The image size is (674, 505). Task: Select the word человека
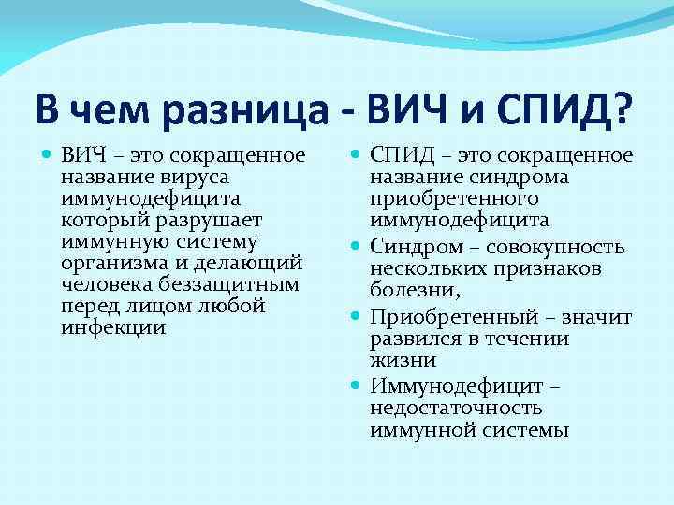[100, 284]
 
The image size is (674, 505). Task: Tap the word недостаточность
[456, 409]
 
